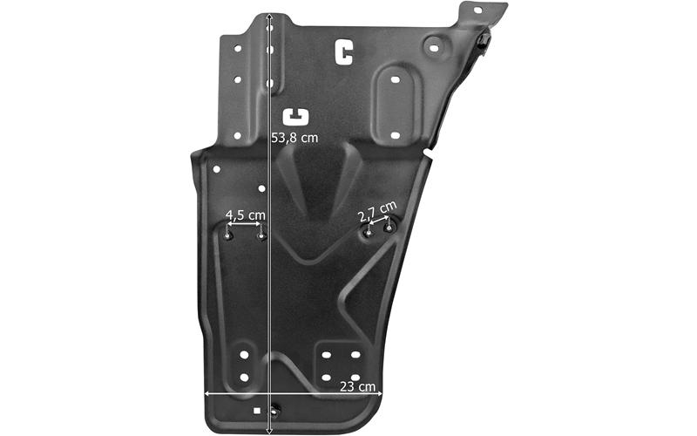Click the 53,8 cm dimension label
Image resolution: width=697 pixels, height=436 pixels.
click(x=294, y=138)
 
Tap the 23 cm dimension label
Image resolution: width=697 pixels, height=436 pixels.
click(x=358, y=386)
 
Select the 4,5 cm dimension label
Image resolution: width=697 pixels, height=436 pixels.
click(x=246, y=215)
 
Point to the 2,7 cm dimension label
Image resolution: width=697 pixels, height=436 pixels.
click(x=377, y=211)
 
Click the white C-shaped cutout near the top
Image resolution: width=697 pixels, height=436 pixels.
click(x=343, y=52)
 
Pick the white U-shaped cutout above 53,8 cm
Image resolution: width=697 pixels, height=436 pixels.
click(x=295, y=117)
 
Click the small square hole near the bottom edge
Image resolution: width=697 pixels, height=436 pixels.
click(x=256, y=411)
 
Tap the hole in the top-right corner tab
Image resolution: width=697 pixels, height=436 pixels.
click(x=477, y=10)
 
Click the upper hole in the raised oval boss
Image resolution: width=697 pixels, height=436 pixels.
click(x=396, y=80)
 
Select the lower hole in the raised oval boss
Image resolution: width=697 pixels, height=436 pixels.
click(x=396, y=135)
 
